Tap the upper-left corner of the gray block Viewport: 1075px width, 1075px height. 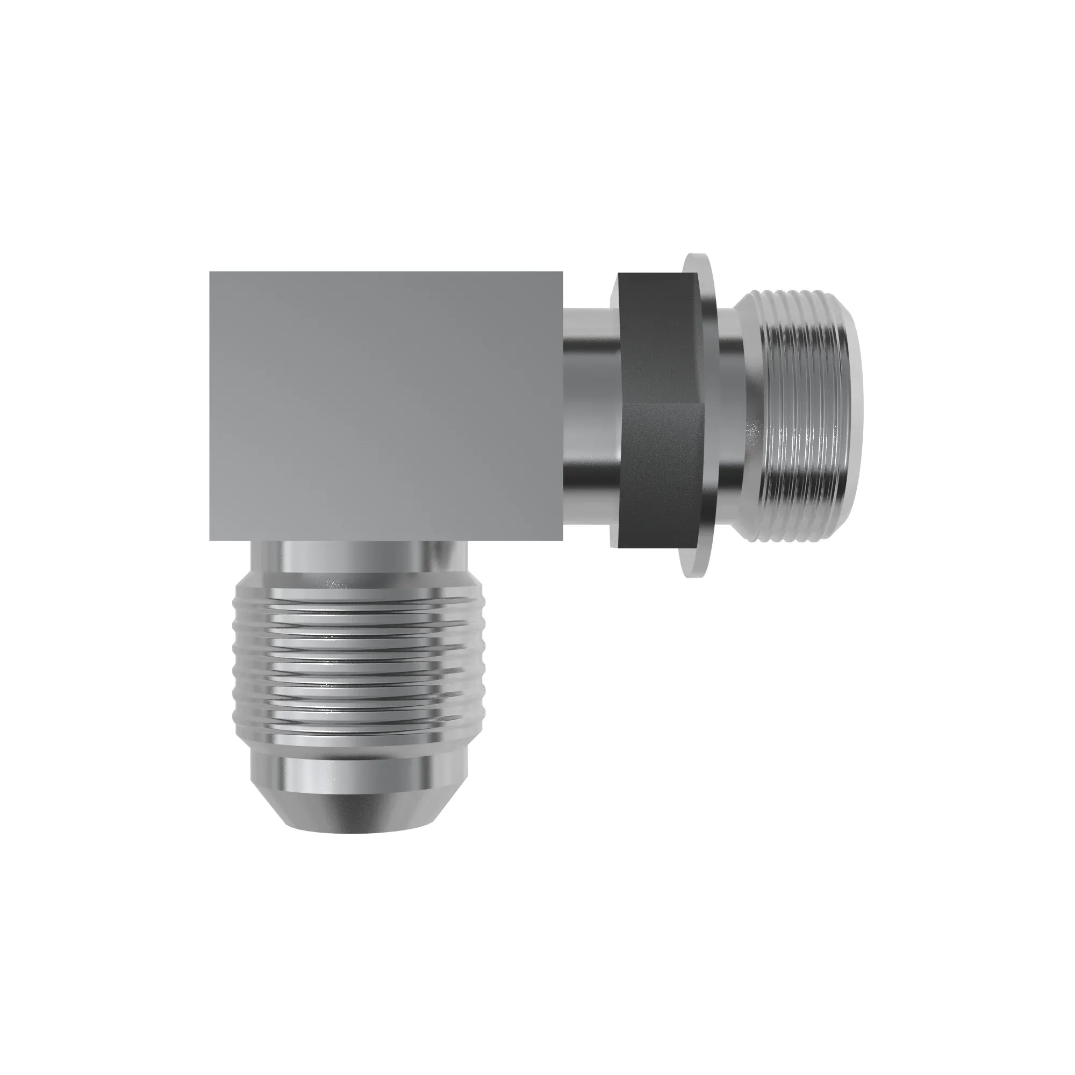coord(211,273)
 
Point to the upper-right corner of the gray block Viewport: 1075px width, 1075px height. coord(562,273)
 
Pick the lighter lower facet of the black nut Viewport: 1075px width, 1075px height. coord(660,473)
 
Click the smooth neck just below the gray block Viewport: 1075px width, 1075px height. coord(356,556)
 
